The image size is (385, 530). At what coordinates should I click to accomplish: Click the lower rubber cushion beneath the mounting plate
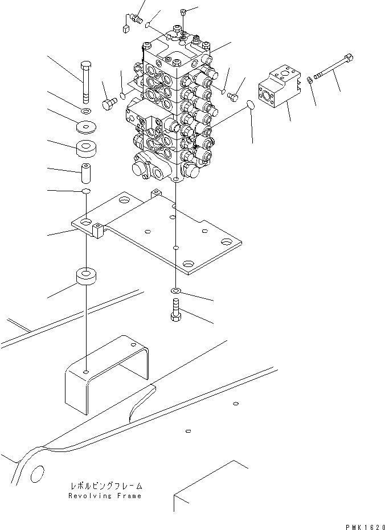86,277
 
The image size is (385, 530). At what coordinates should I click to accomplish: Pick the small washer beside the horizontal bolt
309,80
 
